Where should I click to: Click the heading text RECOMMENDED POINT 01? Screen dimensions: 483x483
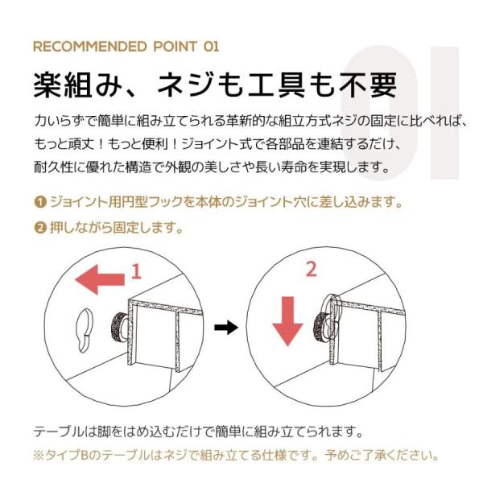(126, 47)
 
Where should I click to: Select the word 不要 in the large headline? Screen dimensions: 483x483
(368, 85)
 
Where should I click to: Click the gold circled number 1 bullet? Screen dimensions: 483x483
(40, 202)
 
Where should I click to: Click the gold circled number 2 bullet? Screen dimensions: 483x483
(40, 228)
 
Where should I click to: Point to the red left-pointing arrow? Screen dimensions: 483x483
(100, 279)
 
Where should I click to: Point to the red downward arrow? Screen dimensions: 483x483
(287, 321)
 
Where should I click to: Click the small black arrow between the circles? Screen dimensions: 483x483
(226, 327)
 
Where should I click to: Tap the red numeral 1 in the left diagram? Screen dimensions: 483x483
(136, 272)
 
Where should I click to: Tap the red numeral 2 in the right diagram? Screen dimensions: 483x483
(311, 269)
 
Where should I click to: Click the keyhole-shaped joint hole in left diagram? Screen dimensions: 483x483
(84, 331)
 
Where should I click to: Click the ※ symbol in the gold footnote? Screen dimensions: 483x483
(39, 456)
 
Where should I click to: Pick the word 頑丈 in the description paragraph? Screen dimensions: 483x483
(80, 144)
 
